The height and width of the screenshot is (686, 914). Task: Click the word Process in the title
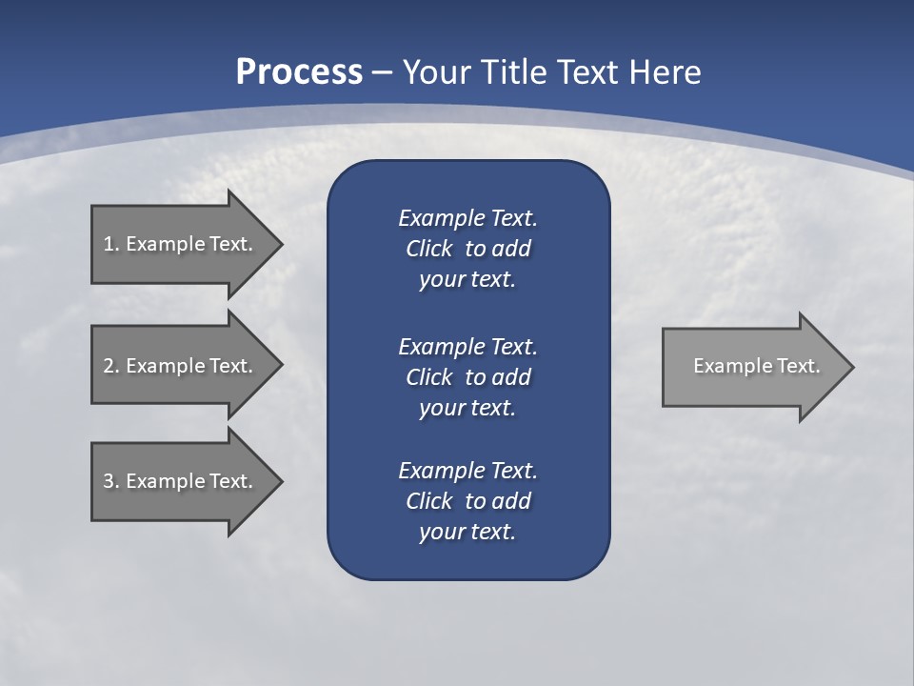pos(299,72)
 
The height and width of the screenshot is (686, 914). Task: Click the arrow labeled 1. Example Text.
pos(181,244)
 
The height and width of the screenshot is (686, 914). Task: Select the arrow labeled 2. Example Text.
pos(181,366)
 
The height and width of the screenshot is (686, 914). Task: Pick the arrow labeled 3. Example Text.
pos(181,481)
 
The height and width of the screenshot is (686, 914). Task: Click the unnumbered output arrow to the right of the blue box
pos(752,366)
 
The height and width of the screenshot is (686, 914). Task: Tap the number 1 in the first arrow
pos(109,244)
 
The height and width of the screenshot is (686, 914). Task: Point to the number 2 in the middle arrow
pos(109,366)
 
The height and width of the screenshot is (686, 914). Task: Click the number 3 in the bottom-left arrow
pos(109,481)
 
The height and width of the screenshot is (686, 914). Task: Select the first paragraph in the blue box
pos(467,249)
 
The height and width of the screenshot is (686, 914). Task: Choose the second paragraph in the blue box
pos(467,376)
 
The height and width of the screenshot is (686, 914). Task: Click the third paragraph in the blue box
pos(467,500)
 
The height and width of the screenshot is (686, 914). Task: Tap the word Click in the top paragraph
pos(428,249)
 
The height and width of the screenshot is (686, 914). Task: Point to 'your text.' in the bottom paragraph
pos(467,532)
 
